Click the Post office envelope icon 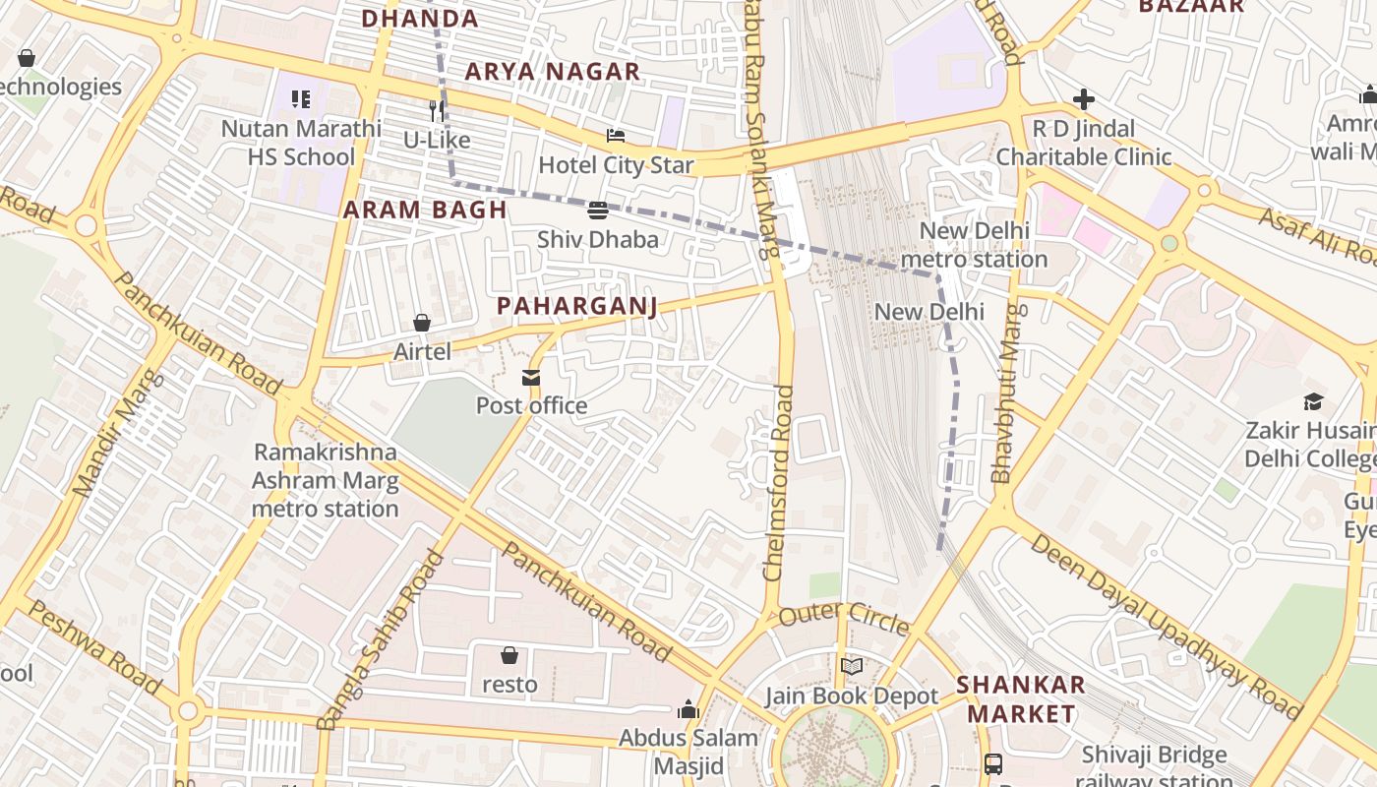point(531,378)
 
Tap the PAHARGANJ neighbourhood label point(576,306)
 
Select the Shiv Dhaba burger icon point(598,211)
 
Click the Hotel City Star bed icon point(616,136)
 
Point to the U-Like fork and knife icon point(437,110)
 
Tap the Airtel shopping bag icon point(422,323)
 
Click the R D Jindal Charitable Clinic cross point(1084,99)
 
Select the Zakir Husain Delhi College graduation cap point(1313,401)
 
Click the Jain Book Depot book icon point(852,667)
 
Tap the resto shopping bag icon point(509,655)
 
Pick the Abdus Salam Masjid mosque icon point(688,709)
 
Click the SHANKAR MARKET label point(1021,698)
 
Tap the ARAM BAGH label point(425,210)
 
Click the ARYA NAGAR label point(552,72)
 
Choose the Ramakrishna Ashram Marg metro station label point(326,480)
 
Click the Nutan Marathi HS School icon point(301,98)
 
